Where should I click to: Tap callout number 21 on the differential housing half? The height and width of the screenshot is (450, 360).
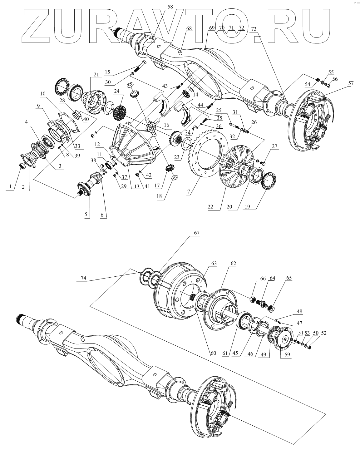95,75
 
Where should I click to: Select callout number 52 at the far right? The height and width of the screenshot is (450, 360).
323,333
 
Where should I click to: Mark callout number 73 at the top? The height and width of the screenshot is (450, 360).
253,28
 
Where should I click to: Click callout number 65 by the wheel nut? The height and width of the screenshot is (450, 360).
289,278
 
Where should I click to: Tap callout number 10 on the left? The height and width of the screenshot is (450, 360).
42,93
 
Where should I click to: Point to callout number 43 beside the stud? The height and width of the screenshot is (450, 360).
165,86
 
